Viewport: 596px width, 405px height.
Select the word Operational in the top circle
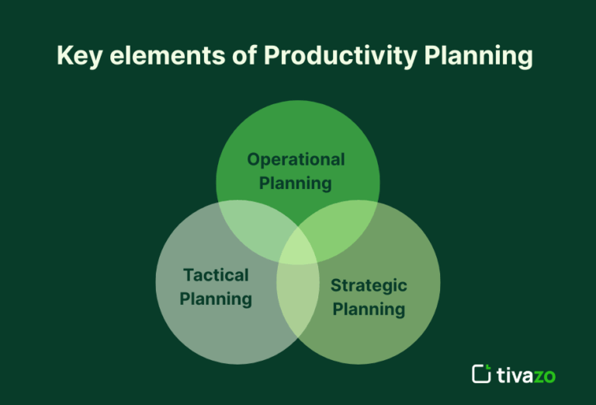(296, 159)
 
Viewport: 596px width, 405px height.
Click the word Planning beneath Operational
(296, 183)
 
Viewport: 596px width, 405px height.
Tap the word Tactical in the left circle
(216, 275)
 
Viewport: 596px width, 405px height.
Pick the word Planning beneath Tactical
(216, 299)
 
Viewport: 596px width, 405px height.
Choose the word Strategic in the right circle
(369, 285)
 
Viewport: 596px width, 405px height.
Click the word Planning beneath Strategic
(369, 309)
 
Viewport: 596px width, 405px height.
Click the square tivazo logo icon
(481, 374)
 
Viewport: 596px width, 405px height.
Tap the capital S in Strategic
(336, 285)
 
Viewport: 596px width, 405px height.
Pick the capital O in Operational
(253, 159)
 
